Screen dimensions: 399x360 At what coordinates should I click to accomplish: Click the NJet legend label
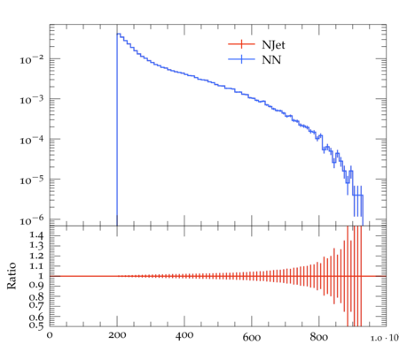pos(273,45)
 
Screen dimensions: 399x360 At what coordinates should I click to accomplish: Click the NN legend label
pos(271,60)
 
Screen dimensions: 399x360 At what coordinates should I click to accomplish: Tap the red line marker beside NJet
pos(241,44)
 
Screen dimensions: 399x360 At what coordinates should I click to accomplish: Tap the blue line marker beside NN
pos(241,59)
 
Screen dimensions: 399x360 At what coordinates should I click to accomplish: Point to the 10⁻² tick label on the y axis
pos(32,60)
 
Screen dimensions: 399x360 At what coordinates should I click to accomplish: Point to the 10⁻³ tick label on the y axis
pos(32,100)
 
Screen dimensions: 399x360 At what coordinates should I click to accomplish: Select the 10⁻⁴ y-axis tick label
pos(32,140)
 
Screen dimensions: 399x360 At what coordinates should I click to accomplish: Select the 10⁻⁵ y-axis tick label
pos(32,180)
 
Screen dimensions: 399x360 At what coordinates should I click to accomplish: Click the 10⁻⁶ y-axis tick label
pos(32,220)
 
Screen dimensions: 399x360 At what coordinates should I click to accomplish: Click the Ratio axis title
pos(12,276)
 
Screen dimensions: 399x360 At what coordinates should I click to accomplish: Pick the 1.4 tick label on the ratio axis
pos(36,235)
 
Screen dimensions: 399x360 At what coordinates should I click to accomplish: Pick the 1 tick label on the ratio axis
pos(41,276)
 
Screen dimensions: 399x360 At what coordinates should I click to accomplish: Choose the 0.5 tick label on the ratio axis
pos(36,326)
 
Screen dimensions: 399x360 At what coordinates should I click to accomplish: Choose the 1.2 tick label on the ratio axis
pos(36,256)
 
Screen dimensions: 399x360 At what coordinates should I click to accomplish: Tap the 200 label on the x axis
pos(117,335)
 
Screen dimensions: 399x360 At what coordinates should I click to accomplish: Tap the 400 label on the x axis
pos(184,335)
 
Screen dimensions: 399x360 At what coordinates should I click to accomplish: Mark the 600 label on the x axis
pos(252,337)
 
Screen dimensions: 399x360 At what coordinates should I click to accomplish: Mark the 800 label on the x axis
pos(318,336)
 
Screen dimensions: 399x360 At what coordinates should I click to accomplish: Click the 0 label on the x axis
pos(50,335)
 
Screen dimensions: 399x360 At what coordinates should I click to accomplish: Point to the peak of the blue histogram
pos(118,34)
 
